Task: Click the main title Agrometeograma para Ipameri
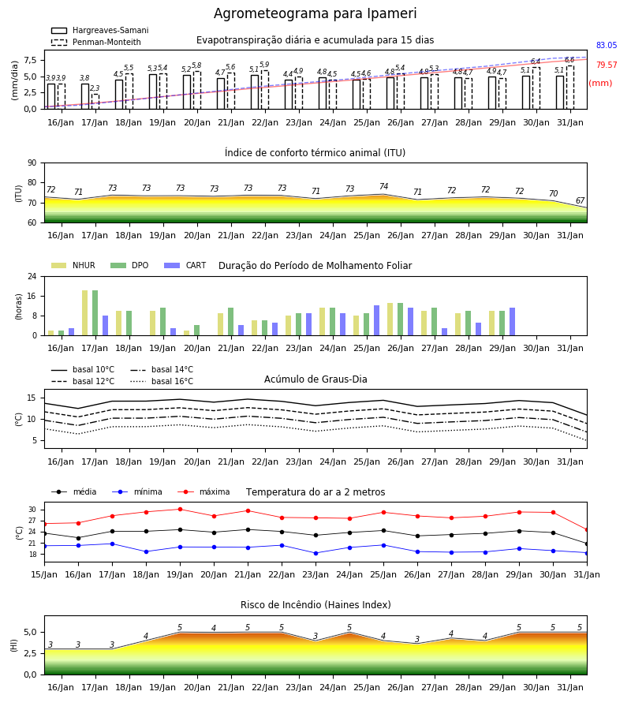pyautogui.click(x=315, y=13)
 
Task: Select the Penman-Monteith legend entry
pyautogui.click(x=96, y=42)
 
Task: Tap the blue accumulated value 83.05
pyautogui.click(x=607, y=45)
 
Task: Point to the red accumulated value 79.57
pyautogui.click(x=607, y=65)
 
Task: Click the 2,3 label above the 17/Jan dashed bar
pyautogui.click(x=95, y=88)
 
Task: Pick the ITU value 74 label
pyautogui.click(x=384, y=186)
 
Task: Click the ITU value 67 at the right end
pyautogui.click(x=581, y=200)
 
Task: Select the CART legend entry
pyautogui.click(x=185, y=265)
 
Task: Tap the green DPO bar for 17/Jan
pyautogui.click(x=95, y=313)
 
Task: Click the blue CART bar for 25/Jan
pyautogui.click(x=376, y=320)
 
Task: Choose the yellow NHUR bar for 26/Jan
pyautogui.click(x=390, y=319)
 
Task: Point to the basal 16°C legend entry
pyautogui.click(x=162, y=381)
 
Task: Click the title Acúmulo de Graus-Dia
pyautogui.click(x=315, y=379)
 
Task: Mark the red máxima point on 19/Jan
pyautogui.click(x=180, y=509)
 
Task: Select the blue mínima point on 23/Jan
pyautogui.click(x=316, y=553)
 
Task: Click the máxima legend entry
pyautogui.click(x=203, y=491)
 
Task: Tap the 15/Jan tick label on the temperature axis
pyautogui.click(x=44, y=574)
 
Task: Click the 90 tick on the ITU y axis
pyautogui.click(x=32, y=163)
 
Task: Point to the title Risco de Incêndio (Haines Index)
pyautogui.click(x=315, y=604)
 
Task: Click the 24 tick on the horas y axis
pyautogui.click(x=32, y=276)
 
